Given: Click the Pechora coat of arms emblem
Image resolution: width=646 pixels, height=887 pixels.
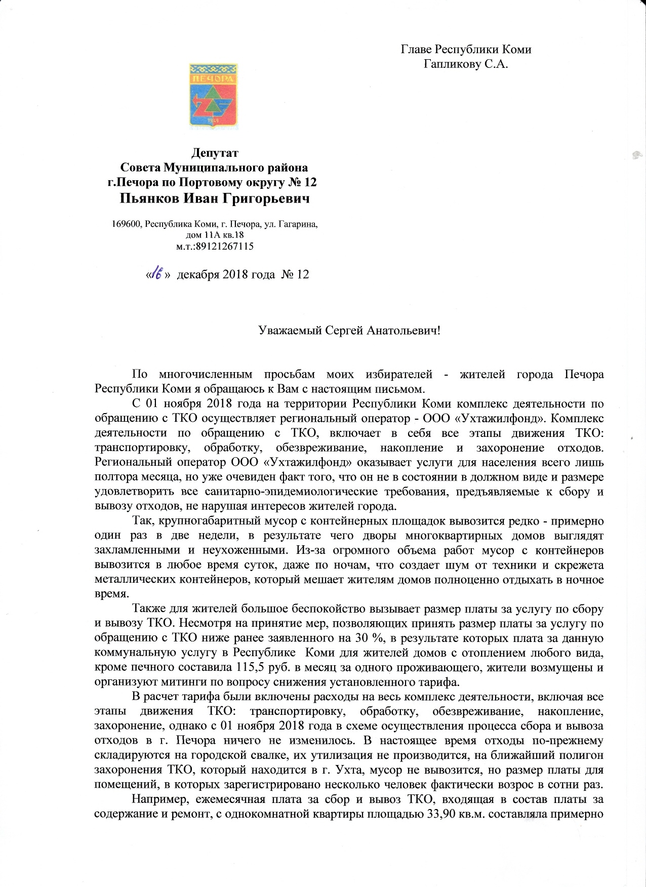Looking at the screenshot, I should [213, 96].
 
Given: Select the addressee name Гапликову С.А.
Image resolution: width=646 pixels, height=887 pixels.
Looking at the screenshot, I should [465, 64].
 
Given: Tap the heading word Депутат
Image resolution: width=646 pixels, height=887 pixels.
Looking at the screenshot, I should [214, 152].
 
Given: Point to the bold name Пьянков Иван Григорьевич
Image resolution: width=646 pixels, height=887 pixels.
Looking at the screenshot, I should [215, 198].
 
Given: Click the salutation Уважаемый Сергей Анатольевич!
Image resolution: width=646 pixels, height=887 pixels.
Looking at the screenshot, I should [350, 331].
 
